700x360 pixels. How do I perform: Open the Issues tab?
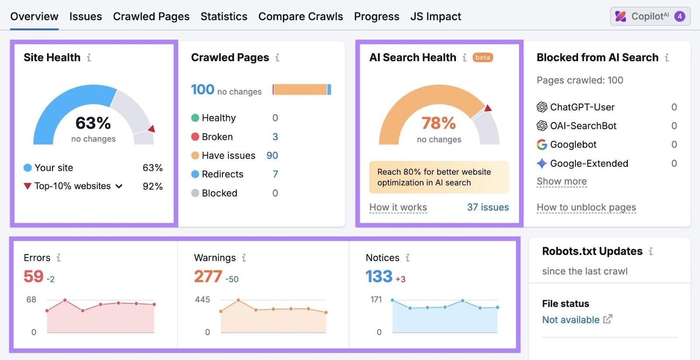[85, 17]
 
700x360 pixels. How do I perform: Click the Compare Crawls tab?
[301, 17]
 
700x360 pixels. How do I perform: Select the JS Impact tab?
[435, 17]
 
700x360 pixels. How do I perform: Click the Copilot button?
[650, 17]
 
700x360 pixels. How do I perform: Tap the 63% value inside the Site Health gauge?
[93, 123]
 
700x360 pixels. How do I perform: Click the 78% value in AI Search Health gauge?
[438, 123]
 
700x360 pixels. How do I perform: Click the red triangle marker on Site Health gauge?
[152, 129]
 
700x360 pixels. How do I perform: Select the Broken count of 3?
[275, 137]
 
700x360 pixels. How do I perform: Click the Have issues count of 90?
[272, 156]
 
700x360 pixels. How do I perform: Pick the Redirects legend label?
[222, 174]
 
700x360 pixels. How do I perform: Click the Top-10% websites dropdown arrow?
[119, 186]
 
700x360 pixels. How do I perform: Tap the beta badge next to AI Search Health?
[483, 57]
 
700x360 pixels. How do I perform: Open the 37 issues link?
[487, 207]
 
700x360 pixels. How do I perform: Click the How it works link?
[398, 207]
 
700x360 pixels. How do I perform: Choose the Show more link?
[561, 181]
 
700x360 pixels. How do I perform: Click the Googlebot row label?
[573, 145]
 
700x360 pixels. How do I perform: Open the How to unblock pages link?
[586, 207]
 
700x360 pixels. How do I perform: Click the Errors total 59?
[34, 276]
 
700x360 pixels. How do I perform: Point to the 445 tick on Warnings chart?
[202, 300]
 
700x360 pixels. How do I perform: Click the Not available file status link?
[570, 320]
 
